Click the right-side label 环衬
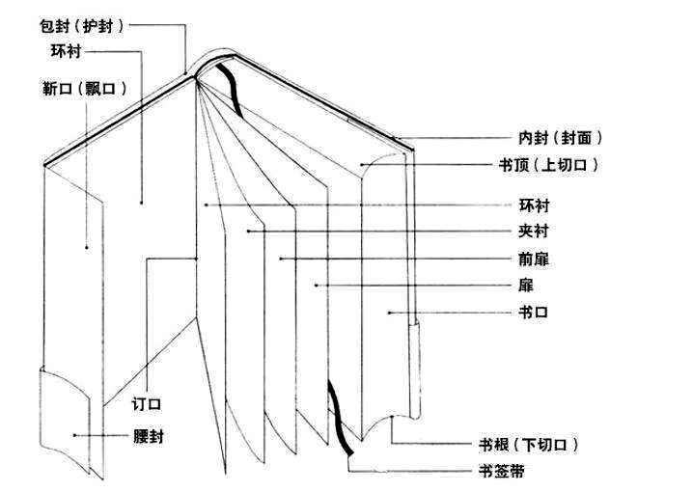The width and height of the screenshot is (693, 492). pos(535,205)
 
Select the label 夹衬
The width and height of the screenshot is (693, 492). pos(535,232)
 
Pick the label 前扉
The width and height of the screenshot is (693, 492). pos(535,259)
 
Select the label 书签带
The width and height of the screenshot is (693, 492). pos(502,471)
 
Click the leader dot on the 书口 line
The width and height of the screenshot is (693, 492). pos(388,313)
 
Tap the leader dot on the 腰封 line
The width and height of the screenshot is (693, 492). pos(75,436)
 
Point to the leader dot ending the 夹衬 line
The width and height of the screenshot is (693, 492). pos(248,232)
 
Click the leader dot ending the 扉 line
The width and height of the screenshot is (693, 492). pos(317,286)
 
